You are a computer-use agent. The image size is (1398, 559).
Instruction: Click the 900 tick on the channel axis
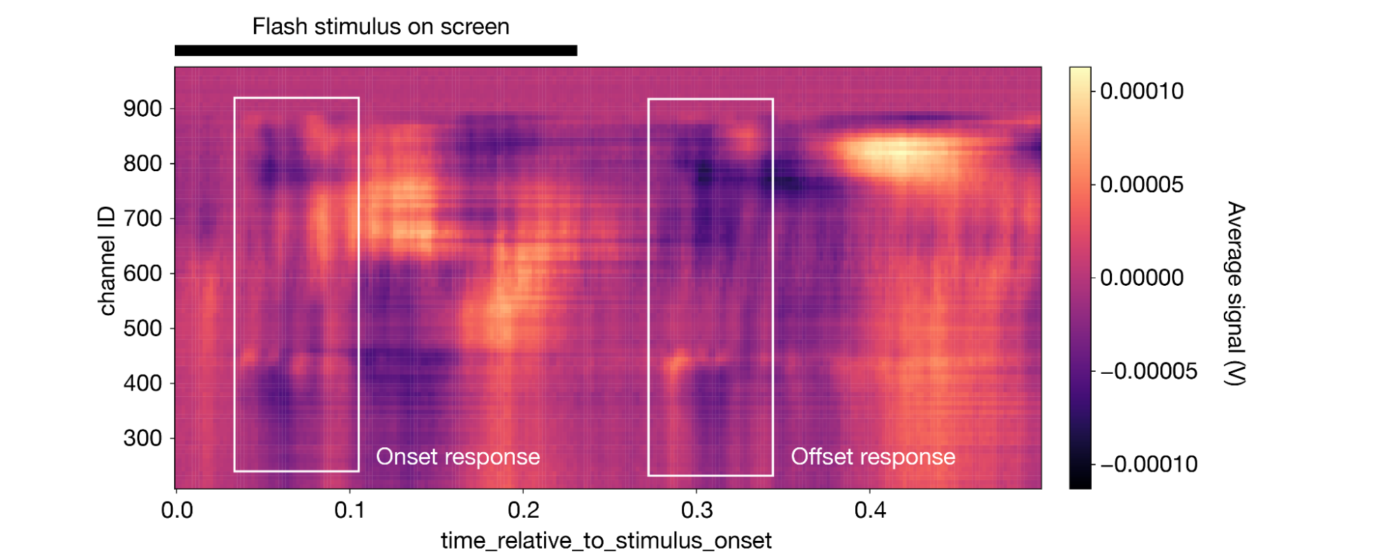coord(143,109)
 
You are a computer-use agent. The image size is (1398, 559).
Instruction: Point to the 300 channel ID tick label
coord(143,439)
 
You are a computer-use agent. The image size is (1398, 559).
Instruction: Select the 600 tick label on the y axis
coord(143,274)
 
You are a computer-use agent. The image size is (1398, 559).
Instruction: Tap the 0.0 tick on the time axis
coord(177,510)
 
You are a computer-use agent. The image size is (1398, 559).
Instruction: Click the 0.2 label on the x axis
coord(523,510)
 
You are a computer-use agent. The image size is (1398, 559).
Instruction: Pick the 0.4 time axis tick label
coord(870,510)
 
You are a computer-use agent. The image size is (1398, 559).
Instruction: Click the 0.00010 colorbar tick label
coord(1141,91)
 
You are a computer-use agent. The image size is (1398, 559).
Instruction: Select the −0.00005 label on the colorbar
coord(1148,371)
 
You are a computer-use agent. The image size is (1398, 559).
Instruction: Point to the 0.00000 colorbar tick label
coord(1141,277)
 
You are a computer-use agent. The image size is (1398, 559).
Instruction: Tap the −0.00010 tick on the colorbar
coord(1148,464)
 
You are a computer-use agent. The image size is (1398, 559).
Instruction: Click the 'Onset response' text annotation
coord(458,457)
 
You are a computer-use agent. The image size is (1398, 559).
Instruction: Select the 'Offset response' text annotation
coord(873,457)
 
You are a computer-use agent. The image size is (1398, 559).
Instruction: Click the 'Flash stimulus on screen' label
coord(380,27)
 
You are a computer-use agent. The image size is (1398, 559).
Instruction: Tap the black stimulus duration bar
coord(376,50)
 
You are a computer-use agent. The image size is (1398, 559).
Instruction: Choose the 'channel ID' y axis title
coord(106,261)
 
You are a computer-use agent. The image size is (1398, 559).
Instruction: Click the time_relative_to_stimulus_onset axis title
coord(606,541)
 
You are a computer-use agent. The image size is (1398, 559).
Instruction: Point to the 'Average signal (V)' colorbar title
coord(1236,293)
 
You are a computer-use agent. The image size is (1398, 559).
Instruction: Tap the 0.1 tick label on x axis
coord(350,510)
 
